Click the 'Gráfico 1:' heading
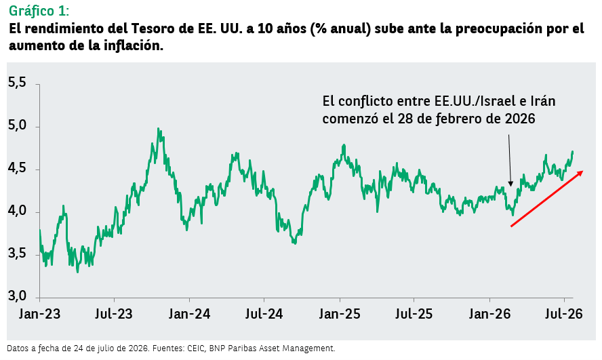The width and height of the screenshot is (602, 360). (39, 11)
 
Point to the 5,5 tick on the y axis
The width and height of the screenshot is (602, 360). (17, 83)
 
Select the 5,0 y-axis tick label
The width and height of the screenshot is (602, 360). (17, 126)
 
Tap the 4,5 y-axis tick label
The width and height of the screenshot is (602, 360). (17, 168)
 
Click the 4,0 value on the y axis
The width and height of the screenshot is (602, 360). (17, 211)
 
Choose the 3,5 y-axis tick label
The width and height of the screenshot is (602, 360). (17, 254)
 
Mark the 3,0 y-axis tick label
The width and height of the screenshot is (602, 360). (17, 296)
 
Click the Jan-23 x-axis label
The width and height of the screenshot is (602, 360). (40, 314)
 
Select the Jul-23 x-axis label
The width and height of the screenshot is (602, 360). (114, 314)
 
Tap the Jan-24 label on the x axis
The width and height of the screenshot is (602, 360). (189, 314)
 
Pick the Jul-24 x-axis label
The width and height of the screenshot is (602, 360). (264, 314)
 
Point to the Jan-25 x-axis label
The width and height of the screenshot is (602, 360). (339, 314)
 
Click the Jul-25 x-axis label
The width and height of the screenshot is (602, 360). (414, 314)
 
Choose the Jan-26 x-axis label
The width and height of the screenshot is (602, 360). (490, 314)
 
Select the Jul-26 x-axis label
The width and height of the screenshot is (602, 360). (564, 314)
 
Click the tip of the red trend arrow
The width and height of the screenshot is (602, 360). (583, 171)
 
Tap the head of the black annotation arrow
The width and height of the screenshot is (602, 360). (510, 185)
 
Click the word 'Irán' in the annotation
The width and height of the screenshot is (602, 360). (542, 101)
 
